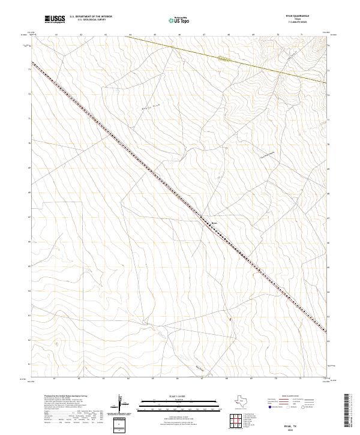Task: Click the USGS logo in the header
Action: click(56, 20)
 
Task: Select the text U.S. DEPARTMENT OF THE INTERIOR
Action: click(91, 17)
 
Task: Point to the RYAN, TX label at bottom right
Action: click(307, 423)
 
